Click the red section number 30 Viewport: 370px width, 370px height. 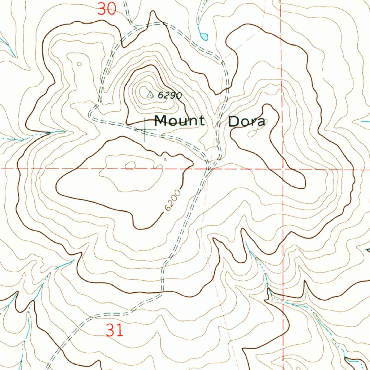pyautogui.click(x=107, y=9)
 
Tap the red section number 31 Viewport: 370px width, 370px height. pyautogui.click(x=115, y=330)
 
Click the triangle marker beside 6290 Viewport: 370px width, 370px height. pyautogui.click(x=150, y=95)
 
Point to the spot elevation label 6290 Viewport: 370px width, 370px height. pyautogui.click(x=169, y=95)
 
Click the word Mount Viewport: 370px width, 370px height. pyautogui.click(x=179, y=120)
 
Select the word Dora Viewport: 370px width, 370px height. pyautogui.click(x=246, y=121)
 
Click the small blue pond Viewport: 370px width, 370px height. pyautogui.click(x=205, y=36)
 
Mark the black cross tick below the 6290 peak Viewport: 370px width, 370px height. pyautogui.click(x=145, y=130)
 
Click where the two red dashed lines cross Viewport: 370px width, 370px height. pyautogui.click(x=283, y=169)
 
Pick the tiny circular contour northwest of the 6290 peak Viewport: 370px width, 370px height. pyautogui.click(x=79, y=64)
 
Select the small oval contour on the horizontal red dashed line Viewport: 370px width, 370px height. pyautogui.click(x=130, y=166)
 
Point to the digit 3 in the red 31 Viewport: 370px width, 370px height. pyautogui.click(x=111, y=330)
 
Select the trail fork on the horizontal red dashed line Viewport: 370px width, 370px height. pyautogui.click(x=210, y=167)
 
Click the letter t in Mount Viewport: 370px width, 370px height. pyautogui.click(x=201, y=120)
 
